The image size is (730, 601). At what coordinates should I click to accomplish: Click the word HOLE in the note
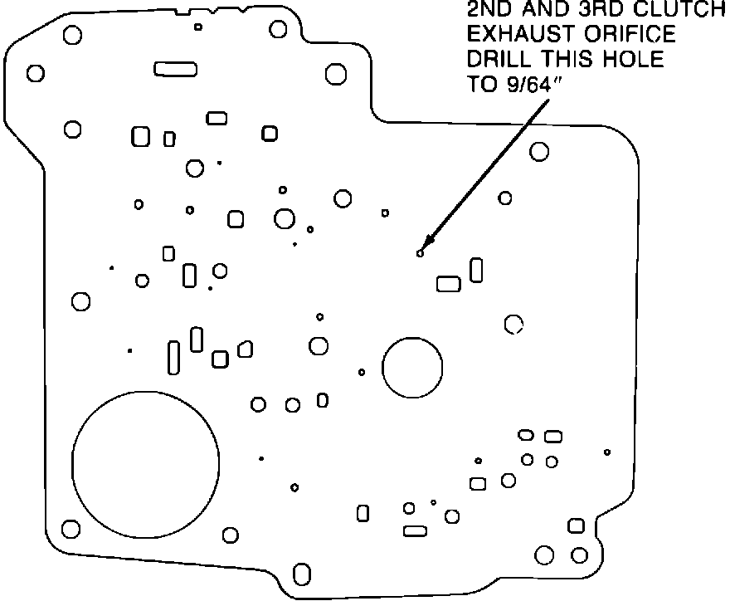point(626,60)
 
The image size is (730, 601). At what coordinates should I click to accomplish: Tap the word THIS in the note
point(564,60)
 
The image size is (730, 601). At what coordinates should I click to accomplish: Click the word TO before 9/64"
point(480,84)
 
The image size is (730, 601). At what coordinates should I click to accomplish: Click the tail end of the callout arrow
point(548,102)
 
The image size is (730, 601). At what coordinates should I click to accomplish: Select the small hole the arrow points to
point(421,252)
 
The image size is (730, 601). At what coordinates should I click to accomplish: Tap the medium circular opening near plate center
point(412,366)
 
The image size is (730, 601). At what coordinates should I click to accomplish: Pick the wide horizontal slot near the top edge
point(175,69)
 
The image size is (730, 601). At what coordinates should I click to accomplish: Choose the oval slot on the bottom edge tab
point(303,575)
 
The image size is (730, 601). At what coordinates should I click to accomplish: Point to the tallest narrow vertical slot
point(173,356)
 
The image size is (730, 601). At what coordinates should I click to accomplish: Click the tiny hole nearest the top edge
point(198,27)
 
